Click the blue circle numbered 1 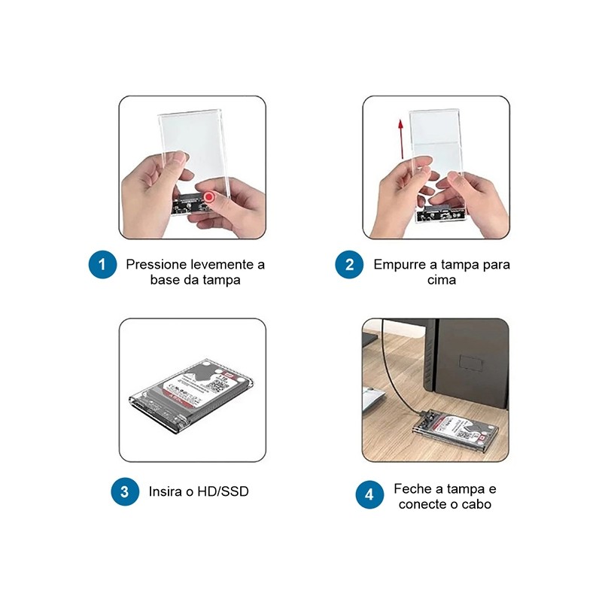[x=102, y=265]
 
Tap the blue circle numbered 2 [x=349, y=265]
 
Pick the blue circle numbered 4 [x=369, y=495]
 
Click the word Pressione [x=156, y=265]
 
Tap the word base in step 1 [x=163, y=280]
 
